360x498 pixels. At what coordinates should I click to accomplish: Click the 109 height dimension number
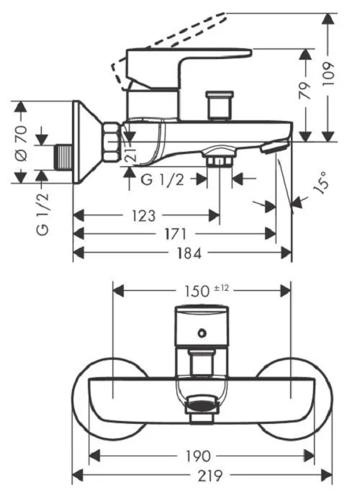[328, 73]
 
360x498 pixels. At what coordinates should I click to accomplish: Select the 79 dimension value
[305, 91]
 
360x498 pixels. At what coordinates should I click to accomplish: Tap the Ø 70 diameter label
[22, 143]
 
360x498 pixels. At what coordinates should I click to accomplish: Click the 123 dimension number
[143, 216]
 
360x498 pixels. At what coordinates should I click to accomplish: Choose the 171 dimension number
[176, 235]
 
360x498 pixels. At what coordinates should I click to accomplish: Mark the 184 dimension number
[189, 253]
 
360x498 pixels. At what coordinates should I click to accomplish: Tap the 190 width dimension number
[197, 456]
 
